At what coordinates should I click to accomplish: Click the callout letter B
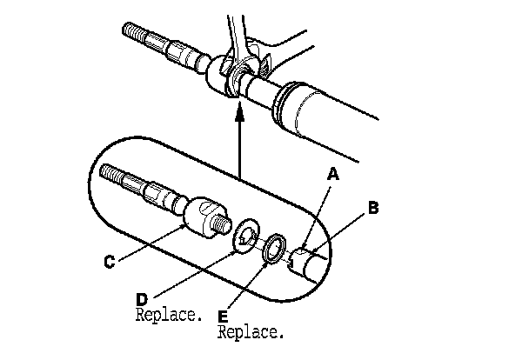[372, 209]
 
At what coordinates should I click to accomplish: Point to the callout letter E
[222, 317]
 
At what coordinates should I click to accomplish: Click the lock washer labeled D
[246, 235]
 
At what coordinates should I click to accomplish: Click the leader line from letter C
[152, 241]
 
